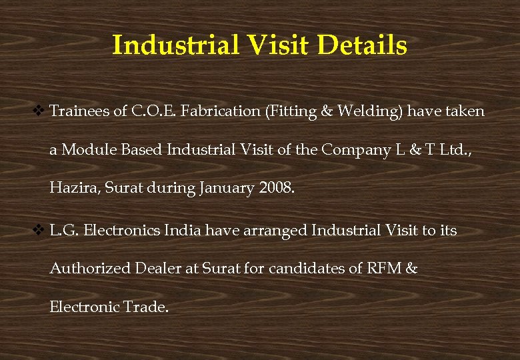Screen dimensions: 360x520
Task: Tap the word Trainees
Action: (x=79, y=111)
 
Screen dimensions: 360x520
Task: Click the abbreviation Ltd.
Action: (x=453, y=149)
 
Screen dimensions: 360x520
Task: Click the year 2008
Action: (x=275, y=188)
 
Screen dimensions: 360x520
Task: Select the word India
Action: (x=183, y=231)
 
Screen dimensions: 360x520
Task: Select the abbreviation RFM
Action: (x=384, y=269)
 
